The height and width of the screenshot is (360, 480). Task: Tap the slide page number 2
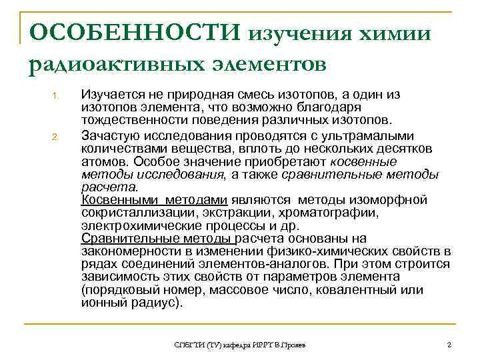tap(449, 344)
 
